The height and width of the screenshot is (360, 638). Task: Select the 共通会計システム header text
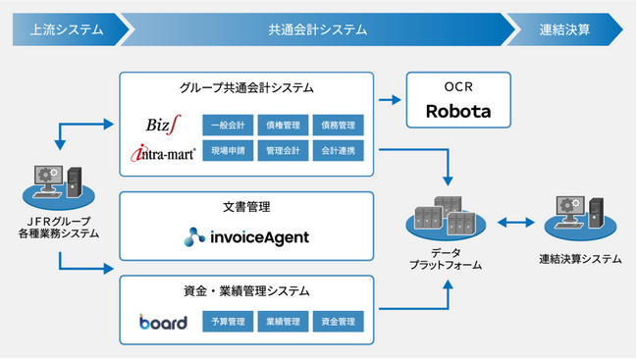click(x=317, y=29)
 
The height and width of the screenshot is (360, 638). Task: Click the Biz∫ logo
click(x=163, y=126)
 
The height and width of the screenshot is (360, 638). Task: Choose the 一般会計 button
click(x=228, y=126)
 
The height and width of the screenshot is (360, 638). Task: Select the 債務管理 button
click(x=338, y=126)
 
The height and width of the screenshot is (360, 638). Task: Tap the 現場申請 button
click(x=228, y=150)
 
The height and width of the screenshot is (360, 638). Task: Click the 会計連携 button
click(x=338, y=150)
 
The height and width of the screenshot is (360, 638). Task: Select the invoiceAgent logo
click(x=246, y=236)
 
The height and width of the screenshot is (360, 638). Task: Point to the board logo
click(x=163, y=322)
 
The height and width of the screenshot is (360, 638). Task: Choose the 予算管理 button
click(x=228, y=321)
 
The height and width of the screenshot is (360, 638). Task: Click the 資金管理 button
click(x=338, y=321)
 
